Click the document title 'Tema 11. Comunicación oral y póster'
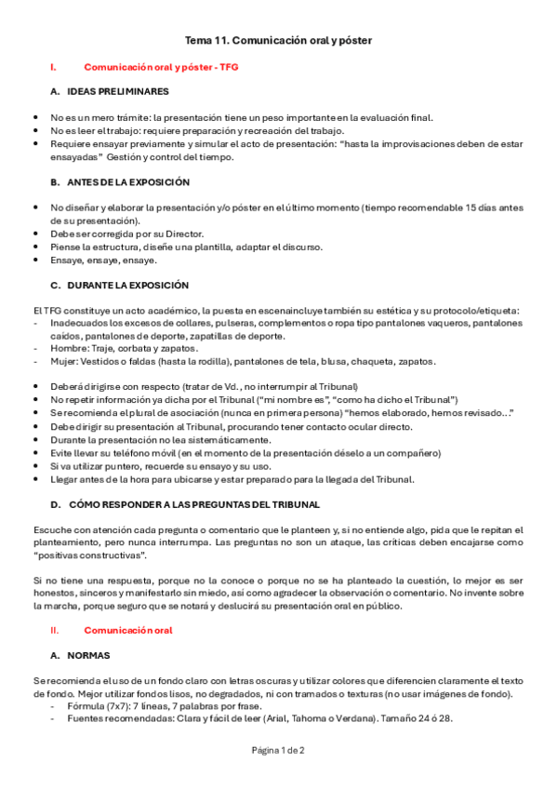[x=278, y=41]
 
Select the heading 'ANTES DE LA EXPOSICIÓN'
[x=128, y=182]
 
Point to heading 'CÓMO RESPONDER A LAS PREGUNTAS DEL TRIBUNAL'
[x=193, y=504]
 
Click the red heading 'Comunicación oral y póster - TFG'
[x=161, y=67]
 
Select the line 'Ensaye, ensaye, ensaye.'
[x=104, y=260]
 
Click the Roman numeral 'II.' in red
[x=54, y=630]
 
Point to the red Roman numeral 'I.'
[x=54, y=67]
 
